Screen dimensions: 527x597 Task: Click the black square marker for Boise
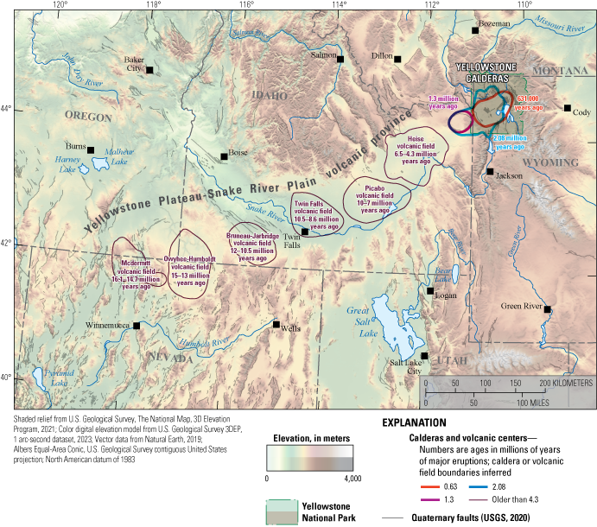(224, 156)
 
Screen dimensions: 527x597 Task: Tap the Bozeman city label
(495, 23)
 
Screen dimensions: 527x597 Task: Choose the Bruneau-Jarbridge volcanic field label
(252, 246)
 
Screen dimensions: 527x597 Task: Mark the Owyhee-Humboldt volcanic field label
(190, 270)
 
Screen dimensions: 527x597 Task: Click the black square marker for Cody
(568, 109)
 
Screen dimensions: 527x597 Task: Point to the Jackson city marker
(490, 172)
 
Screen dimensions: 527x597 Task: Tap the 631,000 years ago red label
(528, 104)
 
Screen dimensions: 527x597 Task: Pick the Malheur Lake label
(119, 156)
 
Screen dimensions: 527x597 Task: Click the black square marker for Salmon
(340, 60)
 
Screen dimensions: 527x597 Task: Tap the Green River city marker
(547, 309)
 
